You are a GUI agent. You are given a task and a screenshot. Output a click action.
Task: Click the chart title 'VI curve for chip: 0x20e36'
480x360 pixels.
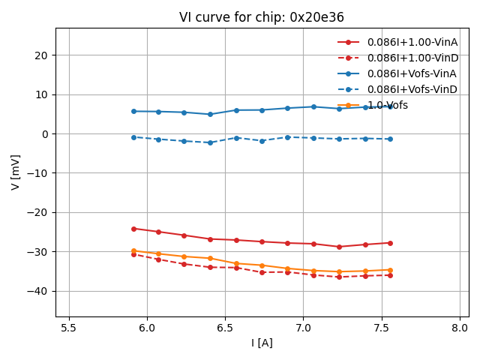pyautogui.click(x=261, y=17)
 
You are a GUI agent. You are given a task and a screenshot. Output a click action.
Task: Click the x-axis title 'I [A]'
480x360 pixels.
pyautogui.click(x=261, y=343)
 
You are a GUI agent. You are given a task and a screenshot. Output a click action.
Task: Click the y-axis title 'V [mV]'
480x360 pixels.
pyautogui.click(x=16, y=172)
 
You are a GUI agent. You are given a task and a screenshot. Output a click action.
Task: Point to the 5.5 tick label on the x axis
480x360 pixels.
pyautogui.click(x=69, y=328)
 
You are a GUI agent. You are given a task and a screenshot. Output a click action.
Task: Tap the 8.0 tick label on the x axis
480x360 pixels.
pyautogui.click(x=460, y=328)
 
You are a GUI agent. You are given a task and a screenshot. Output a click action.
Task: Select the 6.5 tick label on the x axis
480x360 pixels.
pyautogui.click(x=225, y=328)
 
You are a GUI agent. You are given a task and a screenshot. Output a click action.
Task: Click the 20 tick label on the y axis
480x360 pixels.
pyautogui.click(x=40, y=55)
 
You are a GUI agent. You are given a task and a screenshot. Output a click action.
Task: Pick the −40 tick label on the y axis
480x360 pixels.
pyautogui.click(x=37, y=291)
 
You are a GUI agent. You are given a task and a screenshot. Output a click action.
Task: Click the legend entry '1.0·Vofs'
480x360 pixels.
pyautogui.click(x=387, y=105)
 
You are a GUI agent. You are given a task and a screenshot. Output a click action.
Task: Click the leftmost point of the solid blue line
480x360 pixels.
pyautogui.click(x=133, y=112)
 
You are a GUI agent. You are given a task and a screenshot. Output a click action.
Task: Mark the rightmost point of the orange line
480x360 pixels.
pyautogui.click(x=390, y=270)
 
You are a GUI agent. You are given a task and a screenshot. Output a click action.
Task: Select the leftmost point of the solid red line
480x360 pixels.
pyautogui.click(x=133, y=229)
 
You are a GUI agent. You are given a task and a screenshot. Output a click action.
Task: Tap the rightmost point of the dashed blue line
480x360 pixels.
pyautogui.click(x=390, y=139)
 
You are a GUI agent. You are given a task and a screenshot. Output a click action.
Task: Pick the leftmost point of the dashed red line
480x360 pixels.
pyautogui.click(x=133, y=254)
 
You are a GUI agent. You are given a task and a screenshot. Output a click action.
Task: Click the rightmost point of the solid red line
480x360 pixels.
pyautogui.click(x=390, y=243)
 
